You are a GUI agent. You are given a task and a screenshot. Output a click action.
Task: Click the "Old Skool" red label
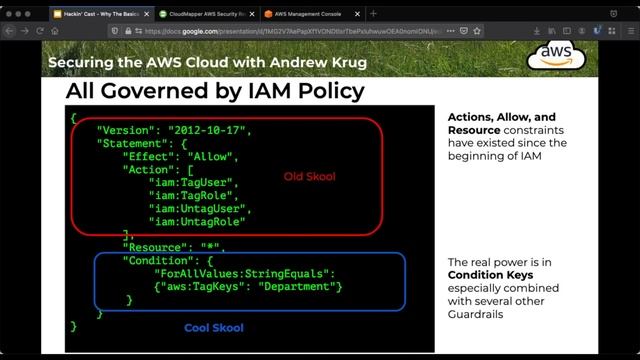(310, 177)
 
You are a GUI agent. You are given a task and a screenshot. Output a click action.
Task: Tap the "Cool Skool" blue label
(214, 327)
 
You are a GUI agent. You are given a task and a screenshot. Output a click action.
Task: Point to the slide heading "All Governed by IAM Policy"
(214, 92)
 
